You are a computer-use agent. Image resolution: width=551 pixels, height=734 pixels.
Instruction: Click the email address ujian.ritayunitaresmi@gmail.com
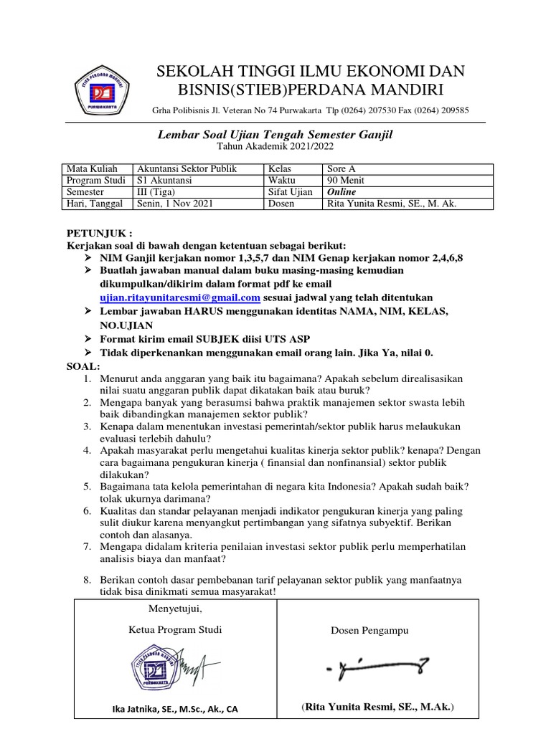tap(180, 297)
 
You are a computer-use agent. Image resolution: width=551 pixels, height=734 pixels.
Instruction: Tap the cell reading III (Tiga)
tap(161, 193)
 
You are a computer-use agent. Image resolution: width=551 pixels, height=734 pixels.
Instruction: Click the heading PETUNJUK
tap(99, 234)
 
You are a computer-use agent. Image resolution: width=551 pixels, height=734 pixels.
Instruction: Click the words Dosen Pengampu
tap(369, 631)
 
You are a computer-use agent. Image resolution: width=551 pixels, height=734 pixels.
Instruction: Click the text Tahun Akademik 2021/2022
tap(275, 147)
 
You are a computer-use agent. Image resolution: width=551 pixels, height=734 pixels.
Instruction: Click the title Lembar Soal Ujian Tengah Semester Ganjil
tap(275, 134)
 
